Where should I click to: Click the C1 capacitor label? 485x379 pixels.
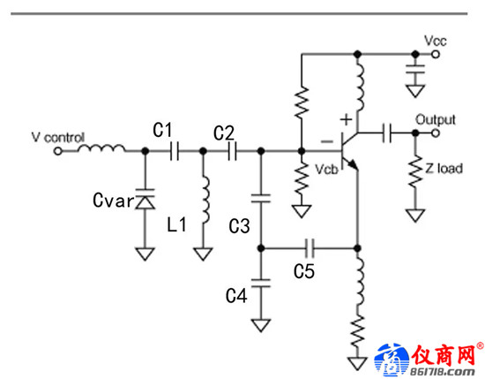click(x=162, y=130)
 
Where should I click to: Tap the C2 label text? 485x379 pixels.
click(x=224, y=133)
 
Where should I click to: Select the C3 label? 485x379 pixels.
click(x=239, y=226)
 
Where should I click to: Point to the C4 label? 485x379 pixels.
click(x=236, y=295)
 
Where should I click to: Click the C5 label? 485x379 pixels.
click(x=303, y=271)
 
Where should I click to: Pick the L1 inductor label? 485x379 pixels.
click(x=176, y=224)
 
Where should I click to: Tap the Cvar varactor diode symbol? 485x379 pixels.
click(x=145, y=199)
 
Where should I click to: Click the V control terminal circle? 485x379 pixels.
click(x=58, y=151)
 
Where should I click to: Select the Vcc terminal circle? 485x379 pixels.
click(x=436, y=55)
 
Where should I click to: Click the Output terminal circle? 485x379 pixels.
click(x=436, y=133)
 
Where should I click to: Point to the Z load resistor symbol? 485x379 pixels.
click(x=415, y=171)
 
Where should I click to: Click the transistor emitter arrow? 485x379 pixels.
click(x=353, y=164)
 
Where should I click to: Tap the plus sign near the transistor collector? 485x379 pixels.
click(x=347, y=119)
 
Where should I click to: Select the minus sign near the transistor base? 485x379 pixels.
click(x=327, y=141)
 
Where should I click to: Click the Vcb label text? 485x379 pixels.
click(x=326, y=170)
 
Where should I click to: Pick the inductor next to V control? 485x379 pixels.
click(x=101, y=148)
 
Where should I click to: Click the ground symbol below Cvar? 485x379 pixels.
click(x=145, y=254)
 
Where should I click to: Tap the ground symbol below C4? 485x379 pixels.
click(x=261, y=325)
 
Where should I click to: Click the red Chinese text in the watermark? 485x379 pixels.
click(x=444, y=355)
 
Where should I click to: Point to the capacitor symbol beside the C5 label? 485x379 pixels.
click(x=310, y=248)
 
